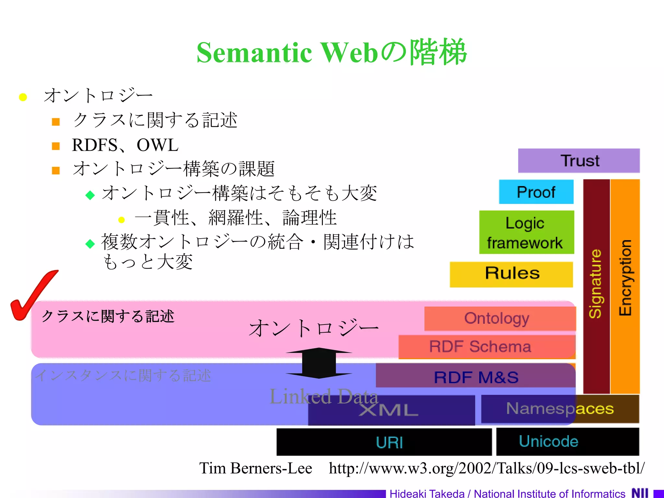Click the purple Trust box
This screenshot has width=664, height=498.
(579, 161)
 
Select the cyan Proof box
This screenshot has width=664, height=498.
(536, 192)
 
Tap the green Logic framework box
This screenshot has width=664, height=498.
(526, 232)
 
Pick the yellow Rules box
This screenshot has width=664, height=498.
(511, 274)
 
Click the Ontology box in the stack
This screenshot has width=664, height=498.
(499, 319)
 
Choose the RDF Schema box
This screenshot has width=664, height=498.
(486, 347)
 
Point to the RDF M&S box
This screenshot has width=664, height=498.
(476, 377)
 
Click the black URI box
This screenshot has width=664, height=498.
(384, 442)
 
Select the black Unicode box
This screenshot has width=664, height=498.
(567, 442)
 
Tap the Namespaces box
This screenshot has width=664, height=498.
(560, 409)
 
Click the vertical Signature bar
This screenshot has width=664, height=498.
(596, 285)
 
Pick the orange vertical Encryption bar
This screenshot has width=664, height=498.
(625, 285)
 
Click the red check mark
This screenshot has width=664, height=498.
(32, 295)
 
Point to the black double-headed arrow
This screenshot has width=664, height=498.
(319, 363)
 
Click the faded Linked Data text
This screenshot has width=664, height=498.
(324, 396)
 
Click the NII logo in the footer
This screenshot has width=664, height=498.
(640, 493)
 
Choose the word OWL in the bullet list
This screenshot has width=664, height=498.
(158, 145)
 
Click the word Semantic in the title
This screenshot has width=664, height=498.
(254, 53)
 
